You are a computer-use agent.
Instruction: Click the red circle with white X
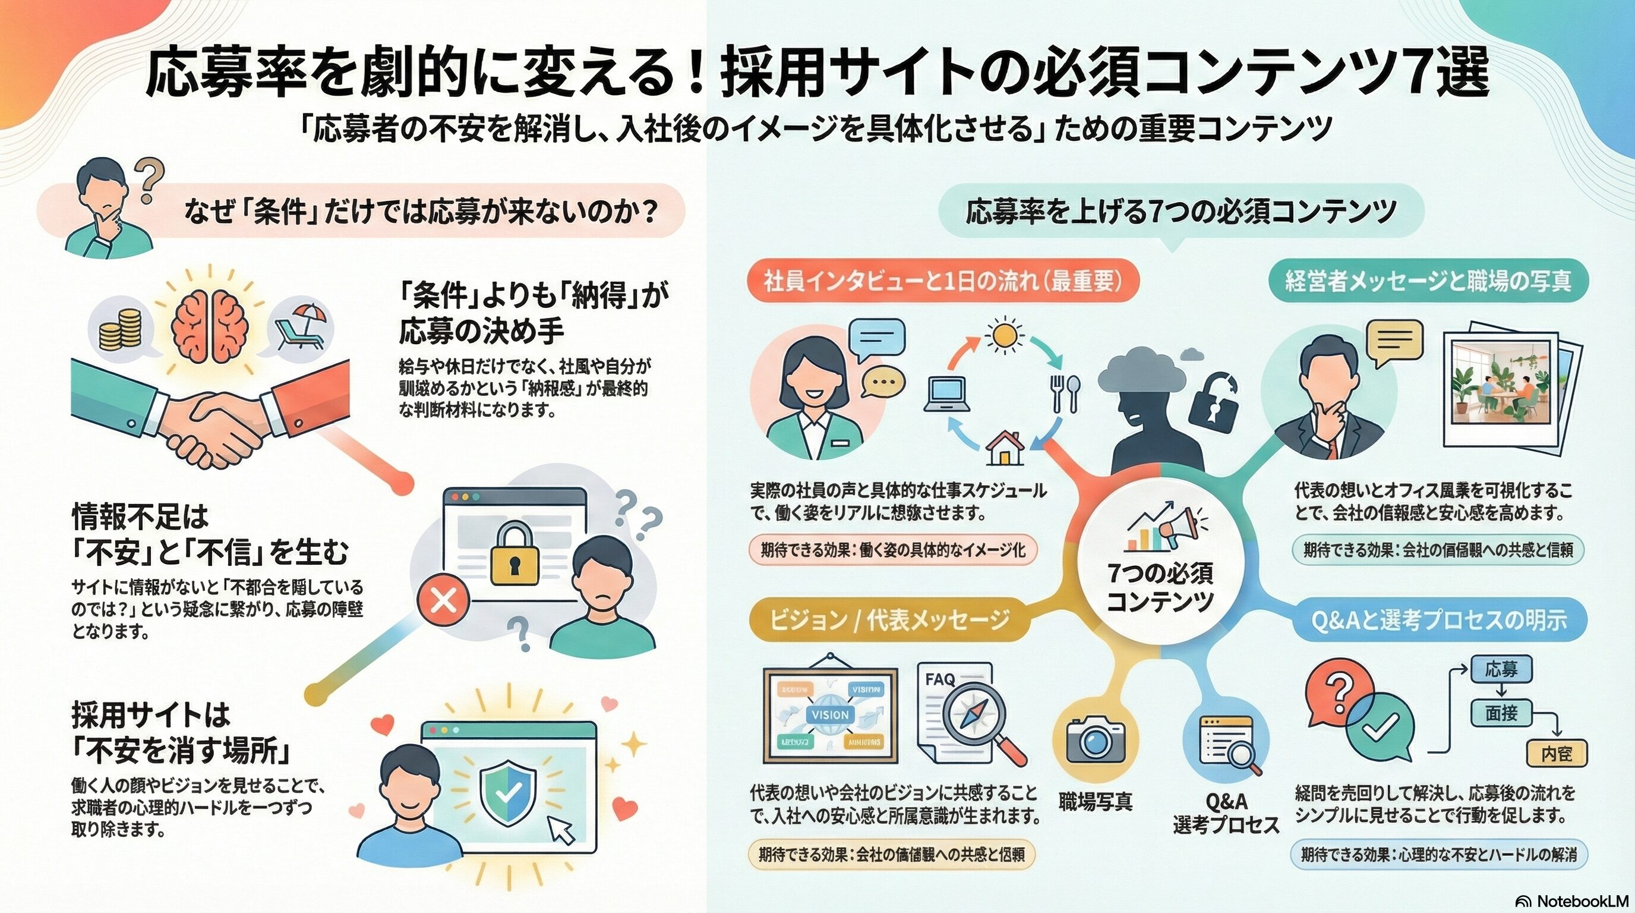[444, 600]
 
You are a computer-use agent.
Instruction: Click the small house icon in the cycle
[1005, 448]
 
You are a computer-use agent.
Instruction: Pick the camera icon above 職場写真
[1095, 739]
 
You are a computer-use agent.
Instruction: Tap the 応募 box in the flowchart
[1501, 669]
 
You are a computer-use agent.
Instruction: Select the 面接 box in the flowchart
[1501, 714]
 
